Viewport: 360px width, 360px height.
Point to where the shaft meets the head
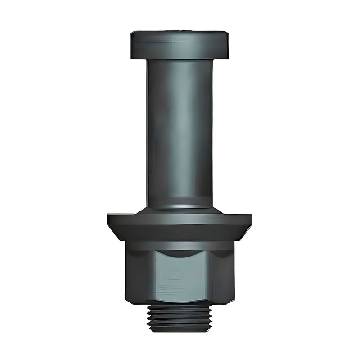[180, 60]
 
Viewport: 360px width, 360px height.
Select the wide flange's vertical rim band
[180, 219]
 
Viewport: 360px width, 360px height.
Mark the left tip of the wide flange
[108, 220]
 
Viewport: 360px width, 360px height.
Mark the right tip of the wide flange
[251, 220]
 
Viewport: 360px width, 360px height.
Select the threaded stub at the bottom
[180, 317]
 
